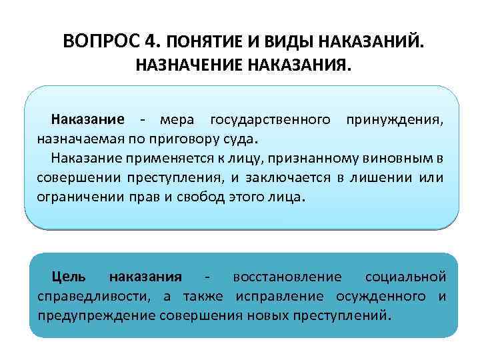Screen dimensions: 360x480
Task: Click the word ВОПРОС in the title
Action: [101, 42]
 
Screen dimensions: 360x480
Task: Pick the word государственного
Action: [270, 120]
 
